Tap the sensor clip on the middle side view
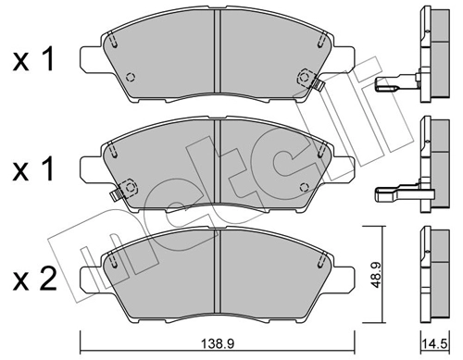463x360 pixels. (x=394, y=193)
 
